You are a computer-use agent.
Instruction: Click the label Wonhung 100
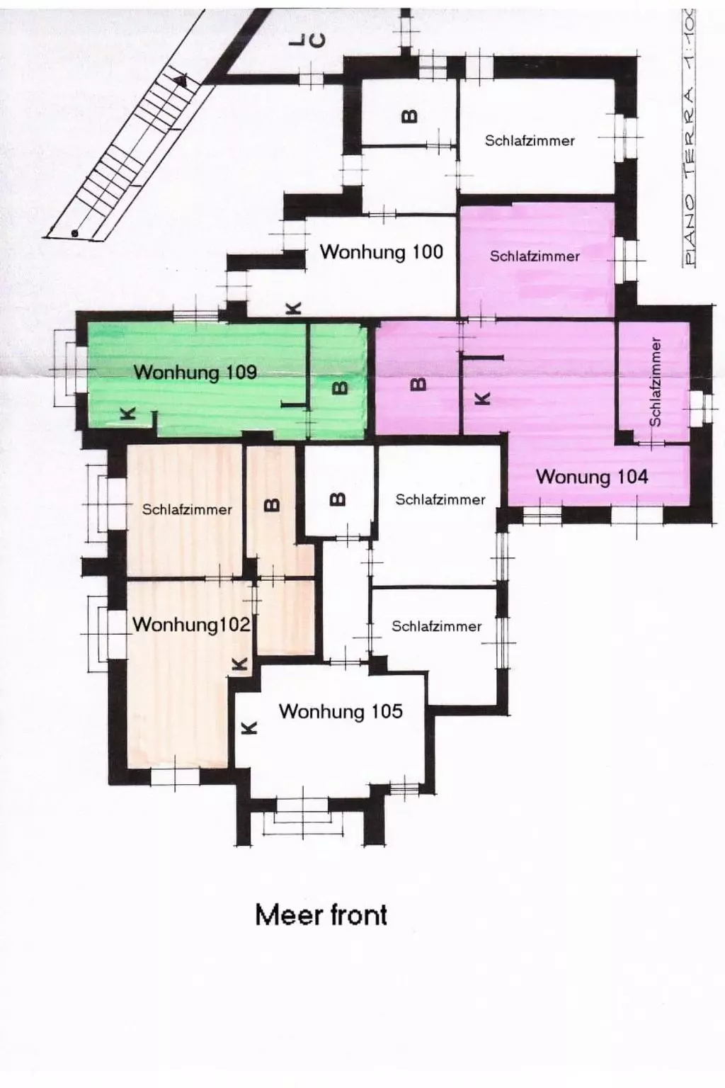point(381,252)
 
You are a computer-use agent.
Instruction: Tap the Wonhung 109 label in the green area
point(195,373)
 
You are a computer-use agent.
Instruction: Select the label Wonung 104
point(592,477)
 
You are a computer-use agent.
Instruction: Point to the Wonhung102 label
point(191,624)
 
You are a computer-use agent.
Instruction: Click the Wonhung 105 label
point(341,711)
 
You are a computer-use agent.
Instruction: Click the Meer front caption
point(321,915)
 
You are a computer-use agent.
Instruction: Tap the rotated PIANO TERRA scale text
point(689,137)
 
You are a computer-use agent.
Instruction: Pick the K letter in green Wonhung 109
point(127,414)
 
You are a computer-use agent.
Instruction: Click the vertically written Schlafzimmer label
point(655,382)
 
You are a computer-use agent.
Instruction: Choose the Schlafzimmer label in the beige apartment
point(187,509)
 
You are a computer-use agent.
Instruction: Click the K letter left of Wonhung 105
point(249,727)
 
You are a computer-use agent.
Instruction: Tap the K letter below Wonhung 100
point(293,308)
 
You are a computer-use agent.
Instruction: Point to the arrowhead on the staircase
point(182,80)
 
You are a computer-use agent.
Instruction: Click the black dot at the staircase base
point(74,233)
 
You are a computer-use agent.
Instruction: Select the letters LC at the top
point(307,42)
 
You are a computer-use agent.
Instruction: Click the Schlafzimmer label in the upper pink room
point(535,256)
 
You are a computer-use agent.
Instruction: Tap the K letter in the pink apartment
point(481,398)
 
